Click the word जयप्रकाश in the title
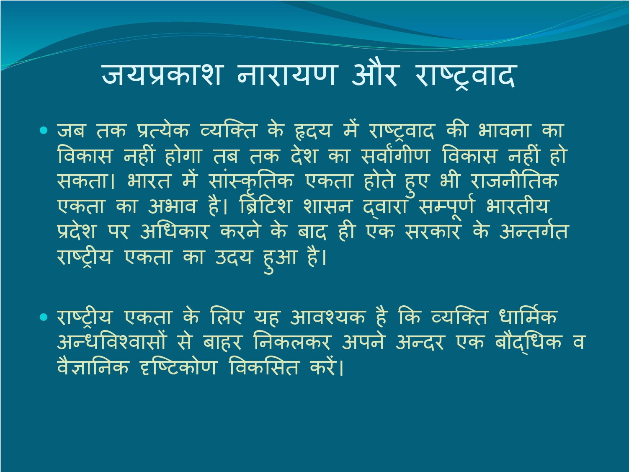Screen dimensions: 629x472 click(x=162, y=75)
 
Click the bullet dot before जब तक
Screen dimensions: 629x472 click(x=44, y=131)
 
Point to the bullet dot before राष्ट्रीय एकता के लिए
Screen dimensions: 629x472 click(x=44, y=317)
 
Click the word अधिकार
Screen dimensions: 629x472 click(x=174, y=231)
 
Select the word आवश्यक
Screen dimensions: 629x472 click(x=328, y=317)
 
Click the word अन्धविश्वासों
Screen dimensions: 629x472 click(x=111, y=341)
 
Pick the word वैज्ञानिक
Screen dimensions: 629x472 click(x=93, y=366)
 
